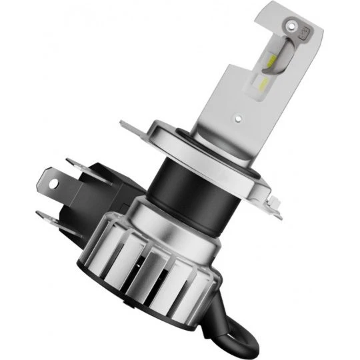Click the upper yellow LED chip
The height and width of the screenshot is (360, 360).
(x=277, y=62)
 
